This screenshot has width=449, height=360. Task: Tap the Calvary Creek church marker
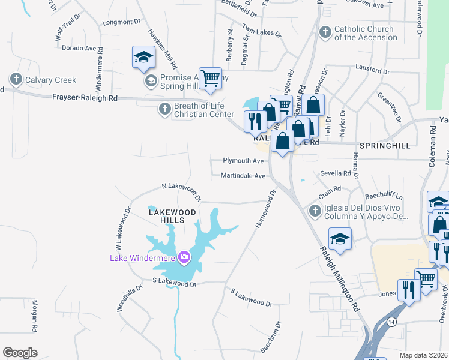16,79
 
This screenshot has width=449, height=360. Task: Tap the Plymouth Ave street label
243,161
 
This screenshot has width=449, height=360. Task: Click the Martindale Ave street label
243,176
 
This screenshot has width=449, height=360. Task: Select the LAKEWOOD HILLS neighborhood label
172,216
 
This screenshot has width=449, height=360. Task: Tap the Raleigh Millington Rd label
339,278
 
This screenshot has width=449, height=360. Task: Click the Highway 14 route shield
391,322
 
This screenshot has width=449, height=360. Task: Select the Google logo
20,353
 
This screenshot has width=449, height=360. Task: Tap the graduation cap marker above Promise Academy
143,57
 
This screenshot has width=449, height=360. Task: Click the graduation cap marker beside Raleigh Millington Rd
340,239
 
